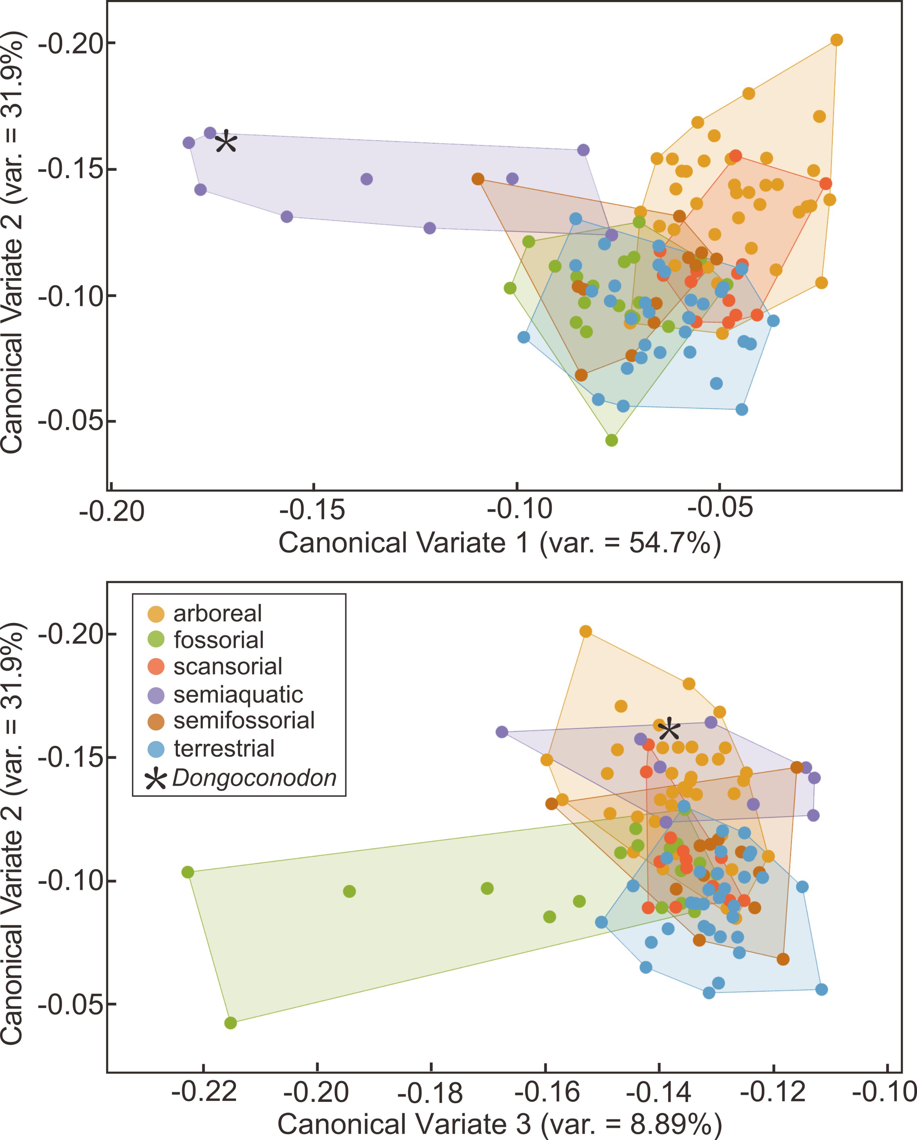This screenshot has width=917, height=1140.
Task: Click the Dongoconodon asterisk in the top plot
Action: point(226,142)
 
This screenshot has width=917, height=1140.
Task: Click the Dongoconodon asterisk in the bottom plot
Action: point(669,730)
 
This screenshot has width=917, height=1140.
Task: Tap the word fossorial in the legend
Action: point(219,640)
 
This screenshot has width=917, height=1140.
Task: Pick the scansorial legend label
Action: point(228,667)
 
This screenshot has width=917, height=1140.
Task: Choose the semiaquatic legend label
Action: point(238,694)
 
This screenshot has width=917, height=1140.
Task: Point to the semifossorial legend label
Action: point(244,721)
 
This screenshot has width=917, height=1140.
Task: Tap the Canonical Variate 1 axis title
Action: point(500,543)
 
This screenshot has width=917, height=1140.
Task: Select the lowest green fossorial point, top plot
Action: point(612,440)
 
